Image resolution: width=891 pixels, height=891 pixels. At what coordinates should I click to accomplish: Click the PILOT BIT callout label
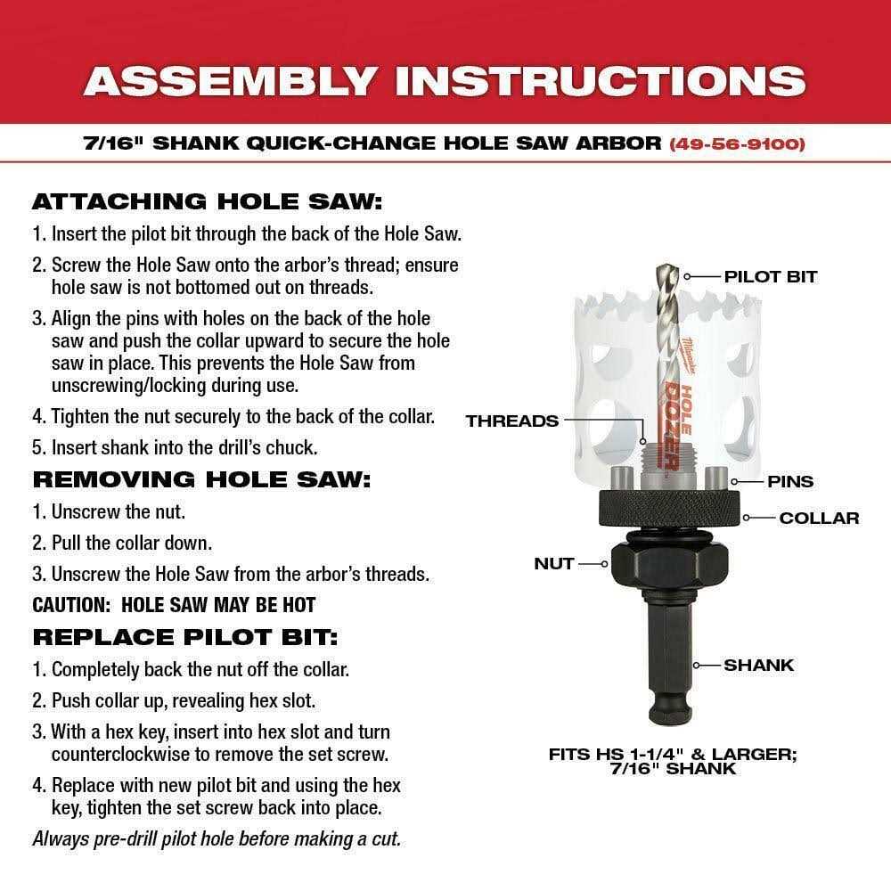tap(770, 276)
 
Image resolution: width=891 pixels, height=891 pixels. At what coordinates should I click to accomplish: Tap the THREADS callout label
tap(511, 421)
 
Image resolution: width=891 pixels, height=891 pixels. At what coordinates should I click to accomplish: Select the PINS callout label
tap(790, 481)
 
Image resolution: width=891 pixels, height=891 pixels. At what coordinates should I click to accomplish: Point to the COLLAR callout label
tap(819, 518)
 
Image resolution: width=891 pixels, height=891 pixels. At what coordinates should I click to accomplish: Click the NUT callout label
tap(553, 563)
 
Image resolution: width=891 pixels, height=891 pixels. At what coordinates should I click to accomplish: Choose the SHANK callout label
tap(758, 665)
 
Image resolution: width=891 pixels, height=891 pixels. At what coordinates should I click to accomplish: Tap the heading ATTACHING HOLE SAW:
tap(207, 201)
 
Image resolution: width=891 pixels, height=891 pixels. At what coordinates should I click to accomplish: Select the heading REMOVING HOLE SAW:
tap(200, 478)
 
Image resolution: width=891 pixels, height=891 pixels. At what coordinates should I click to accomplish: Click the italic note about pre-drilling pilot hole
tap(217, 838)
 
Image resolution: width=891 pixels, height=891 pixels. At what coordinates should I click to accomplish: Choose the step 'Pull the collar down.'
tap(131, 542)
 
